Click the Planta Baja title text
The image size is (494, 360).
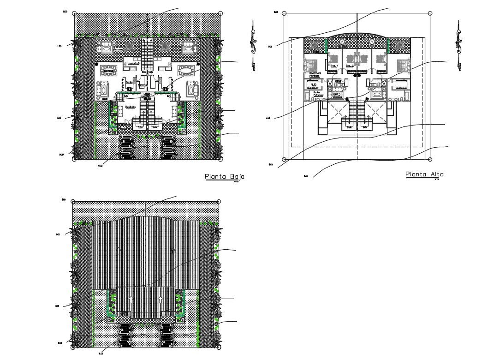pyautogui.click(x=224, y=176)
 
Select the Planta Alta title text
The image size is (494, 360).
pyautogui.click(x=424, y=174)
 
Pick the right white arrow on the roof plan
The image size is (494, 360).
pyautogui.click(x=161, y=300)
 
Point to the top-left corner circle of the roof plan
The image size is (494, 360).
pyautogui.click(x=75, y=202)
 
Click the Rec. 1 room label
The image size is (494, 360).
pyautogui.click(x=334, y=66)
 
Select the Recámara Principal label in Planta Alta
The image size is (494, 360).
pyautogui.click(x=312, y=74)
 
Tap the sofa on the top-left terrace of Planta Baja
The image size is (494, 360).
pyautogui.click(x=107, y=47)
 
